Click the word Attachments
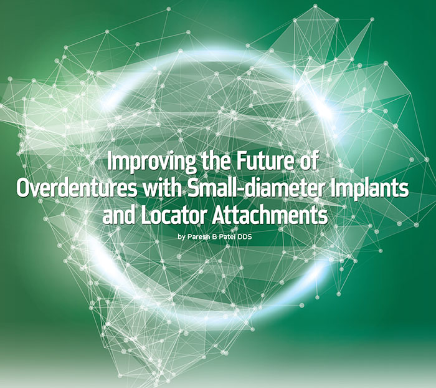click(x=270, y=215)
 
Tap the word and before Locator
click(x=119, y=215)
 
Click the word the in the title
click(x=216, y=161)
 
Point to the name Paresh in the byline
click(x=196, y=237)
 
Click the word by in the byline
click(x=181, y=238)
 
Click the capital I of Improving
click(x=109, y=162)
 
